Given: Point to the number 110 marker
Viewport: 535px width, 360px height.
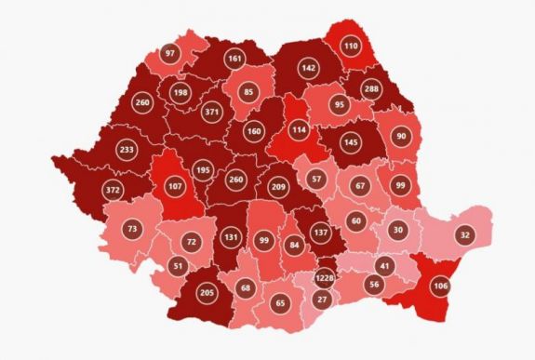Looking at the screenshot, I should [x=351, y=45].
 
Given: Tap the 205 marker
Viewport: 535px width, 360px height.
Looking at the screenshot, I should [x=207, y=295].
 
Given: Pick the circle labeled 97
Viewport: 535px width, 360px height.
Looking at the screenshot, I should [x=169, y=53].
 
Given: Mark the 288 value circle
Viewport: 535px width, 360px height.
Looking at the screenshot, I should [x=372, y=90].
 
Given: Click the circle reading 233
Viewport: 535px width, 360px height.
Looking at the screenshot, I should [x=127, y=148].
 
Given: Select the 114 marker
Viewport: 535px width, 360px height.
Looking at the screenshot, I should [x=299, y=129].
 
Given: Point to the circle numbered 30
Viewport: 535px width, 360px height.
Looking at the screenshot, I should [x=398, y=230].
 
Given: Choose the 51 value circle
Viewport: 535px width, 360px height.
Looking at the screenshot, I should [x=178, y=265].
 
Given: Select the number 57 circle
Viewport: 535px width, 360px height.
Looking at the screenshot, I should [x=316, y=178].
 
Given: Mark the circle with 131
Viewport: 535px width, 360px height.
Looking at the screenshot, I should [x=232, y=237].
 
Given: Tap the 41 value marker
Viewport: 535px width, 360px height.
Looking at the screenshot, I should [x=384, y=267].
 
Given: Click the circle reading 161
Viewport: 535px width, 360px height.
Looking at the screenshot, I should [x=234, y=59].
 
